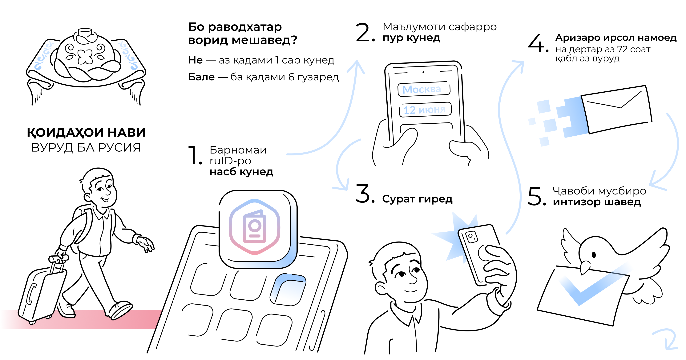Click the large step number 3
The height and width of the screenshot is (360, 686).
click(x=365, y=193)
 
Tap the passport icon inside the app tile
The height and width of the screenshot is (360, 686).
click(x=255, y=226)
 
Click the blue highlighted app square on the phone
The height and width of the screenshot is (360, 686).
click(x=288, y=290)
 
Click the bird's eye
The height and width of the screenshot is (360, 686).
click(x=594, y=255)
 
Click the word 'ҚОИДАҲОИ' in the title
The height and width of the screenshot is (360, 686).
click(x=65, y=132)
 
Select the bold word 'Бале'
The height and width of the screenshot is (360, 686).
click(x=201, y=77)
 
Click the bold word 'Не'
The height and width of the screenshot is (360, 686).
click(x=196, y=60)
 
